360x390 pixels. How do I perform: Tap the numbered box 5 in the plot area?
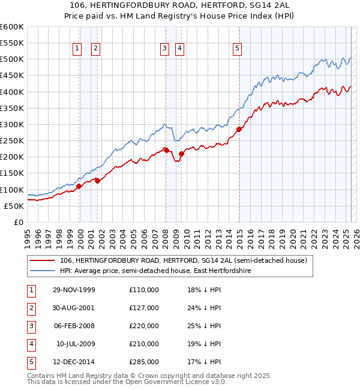(238, 49)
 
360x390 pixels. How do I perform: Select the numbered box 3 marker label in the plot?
(164, 49)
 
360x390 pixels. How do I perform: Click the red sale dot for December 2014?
(239, 129)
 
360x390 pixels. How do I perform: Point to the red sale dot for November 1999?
(79, 186)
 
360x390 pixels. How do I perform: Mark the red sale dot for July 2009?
(181, 154)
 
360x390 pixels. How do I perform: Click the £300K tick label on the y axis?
(11, 124)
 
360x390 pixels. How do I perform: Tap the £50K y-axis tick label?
(14, 206)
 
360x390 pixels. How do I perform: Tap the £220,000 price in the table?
(144, 326)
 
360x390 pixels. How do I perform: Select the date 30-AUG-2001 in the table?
(74, 308)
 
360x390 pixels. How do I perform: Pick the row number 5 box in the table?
(29, 362)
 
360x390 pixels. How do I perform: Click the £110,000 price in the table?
(144, 290)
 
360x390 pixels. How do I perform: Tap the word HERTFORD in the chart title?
(205, 6)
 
